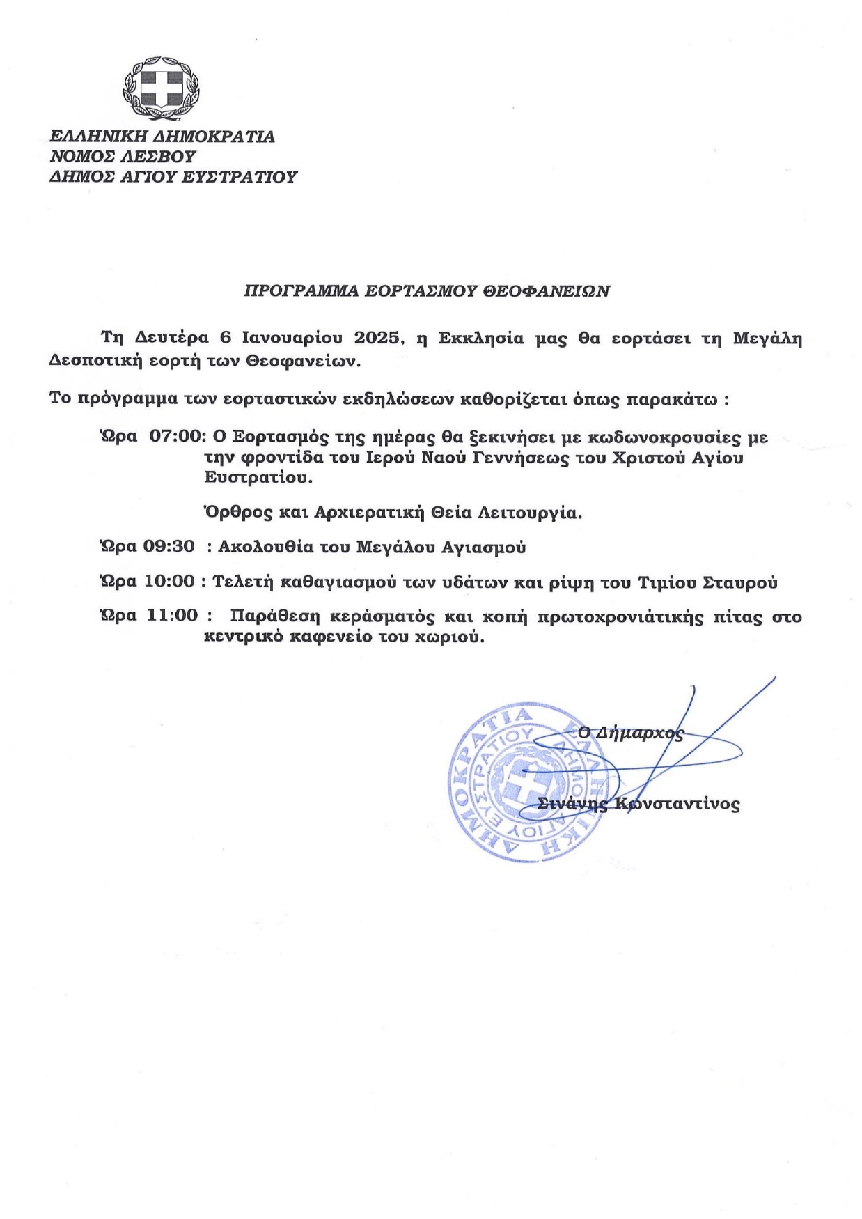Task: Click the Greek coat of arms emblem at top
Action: coord(161,89)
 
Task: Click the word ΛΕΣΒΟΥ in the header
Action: coord(164,157)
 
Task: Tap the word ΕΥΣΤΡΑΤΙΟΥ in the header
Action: coord(239,177)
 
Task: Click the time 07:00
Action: coord(178,437)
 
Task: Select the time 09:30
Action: coord(169,546)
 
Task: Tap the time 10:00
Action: coord(169,581)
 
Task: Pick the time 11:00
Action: coord(173,616)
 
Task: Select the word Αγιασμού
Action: coord(484,547)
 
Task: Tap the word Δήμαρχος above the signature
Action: coord(640,733)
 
